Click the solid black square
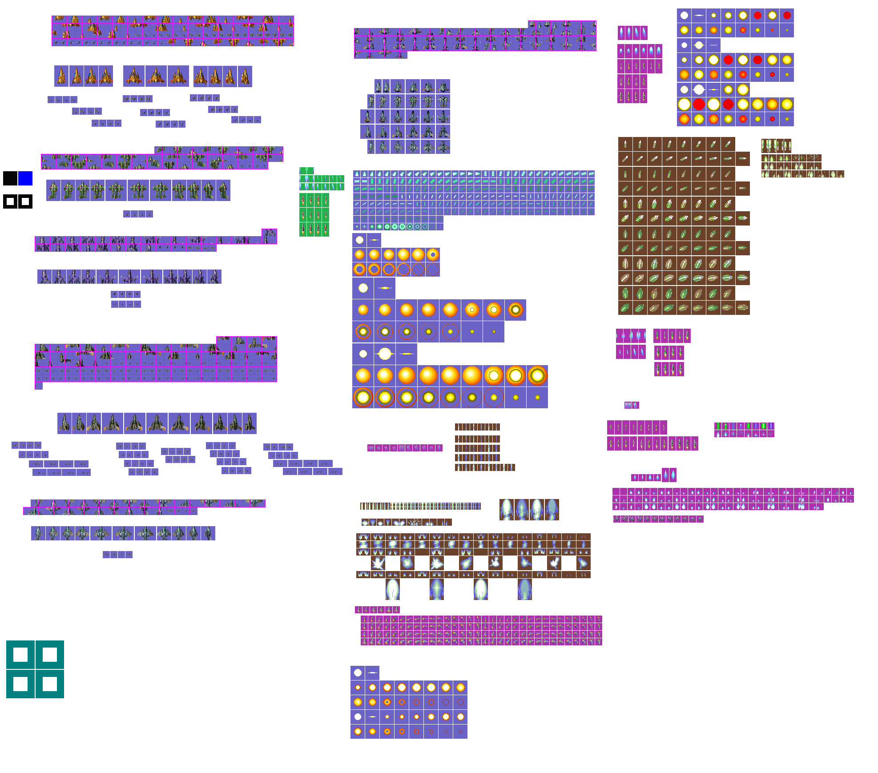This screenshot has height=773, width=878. coord(10,178)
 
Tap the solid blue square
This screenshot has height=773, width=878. coord(25,178)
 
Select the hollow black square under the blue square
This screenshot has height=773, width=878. coord(25,201)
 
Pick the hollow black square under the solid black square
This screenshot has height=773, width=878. coord(10,201)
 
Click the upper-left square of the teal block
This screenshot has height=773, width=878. coord(20,655)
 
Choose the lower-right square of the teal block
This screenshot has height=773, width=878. coord(49,684)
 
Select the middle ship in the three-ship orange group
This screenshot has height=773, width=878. coord(156,76)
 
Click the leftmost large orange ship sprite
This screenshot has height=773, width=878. coord(61,76)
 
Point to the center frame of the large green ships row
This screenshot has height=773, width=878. coord(138,190)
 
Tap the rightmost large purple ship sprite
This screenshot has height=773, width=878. coord(215,277)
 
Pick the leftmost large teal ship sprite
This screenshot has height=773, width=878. coord(38,533)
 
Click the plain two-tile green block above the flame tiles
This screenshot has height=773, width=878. coord(306,171)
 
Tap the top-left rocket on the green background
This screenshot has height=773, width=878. coord(303,200)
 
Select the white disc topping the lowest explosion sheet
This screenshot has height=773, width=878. coord(358,672)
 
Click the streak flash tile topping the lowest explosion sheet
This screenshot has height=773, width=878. coord(372,672)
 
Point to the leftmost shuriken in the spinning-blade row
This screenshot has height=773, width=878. coord(617,519)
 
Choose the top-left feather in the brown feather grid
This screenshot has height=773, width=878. coord(625,144)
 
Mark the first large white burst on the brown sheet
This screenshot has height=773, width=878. coord(378,563)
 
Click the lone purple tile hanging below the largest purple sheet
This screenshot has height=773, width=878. coord(39,386)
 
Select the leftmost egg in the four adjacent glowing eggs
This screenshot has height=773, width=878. coord(507,510)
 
